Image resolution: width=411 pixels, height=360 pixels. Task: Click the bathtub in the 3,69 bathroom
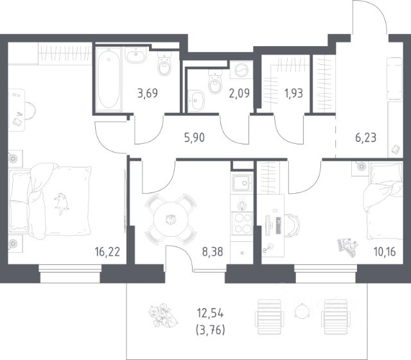tap(109, 80)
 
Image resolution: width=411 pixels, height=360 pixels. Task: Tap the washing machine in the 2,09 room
tap(241, 70)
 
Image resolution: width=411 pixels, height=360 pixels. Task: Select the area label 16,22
tap(107, 252)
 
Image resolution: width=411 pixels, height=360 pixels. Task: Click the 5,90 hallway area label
tap(194, 137)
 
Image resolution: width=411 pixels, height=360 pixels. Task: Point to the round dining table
tap(171, 219)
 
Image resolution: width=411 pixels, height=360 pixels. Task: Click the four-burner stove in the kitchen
tap(242, 223)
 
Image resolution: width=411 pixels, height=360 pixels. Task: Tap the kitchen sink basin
tap(241, 183)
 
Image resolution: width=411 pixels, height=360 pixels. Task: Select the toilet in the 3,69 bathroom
tap(164, 64)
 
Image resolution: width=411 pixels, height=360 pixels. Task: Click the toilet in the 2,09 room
tap(215, 81)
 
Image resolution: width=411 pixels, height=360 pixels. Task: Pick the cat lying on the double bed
tap(62, 203)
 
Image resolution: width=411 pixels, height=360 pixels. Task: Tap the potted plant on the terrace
tap(162, 315)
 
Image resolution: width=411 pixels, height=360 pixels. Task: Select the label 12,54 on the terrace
tap(210, 313)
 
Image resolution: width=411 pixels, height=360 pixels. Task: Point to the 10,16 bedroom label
tap(385, 252)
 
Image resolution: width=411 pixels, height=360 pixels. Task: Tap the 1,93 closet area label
tap(293, 93)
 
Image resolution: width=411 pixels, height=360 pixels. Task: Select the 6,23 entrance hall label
tap(366, 137)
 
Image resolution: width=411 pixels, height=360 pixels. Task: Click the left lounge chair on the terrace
tap(270, 317)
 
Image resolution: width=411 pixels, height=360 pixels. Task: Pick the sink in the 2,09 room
tap(196, 100)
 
